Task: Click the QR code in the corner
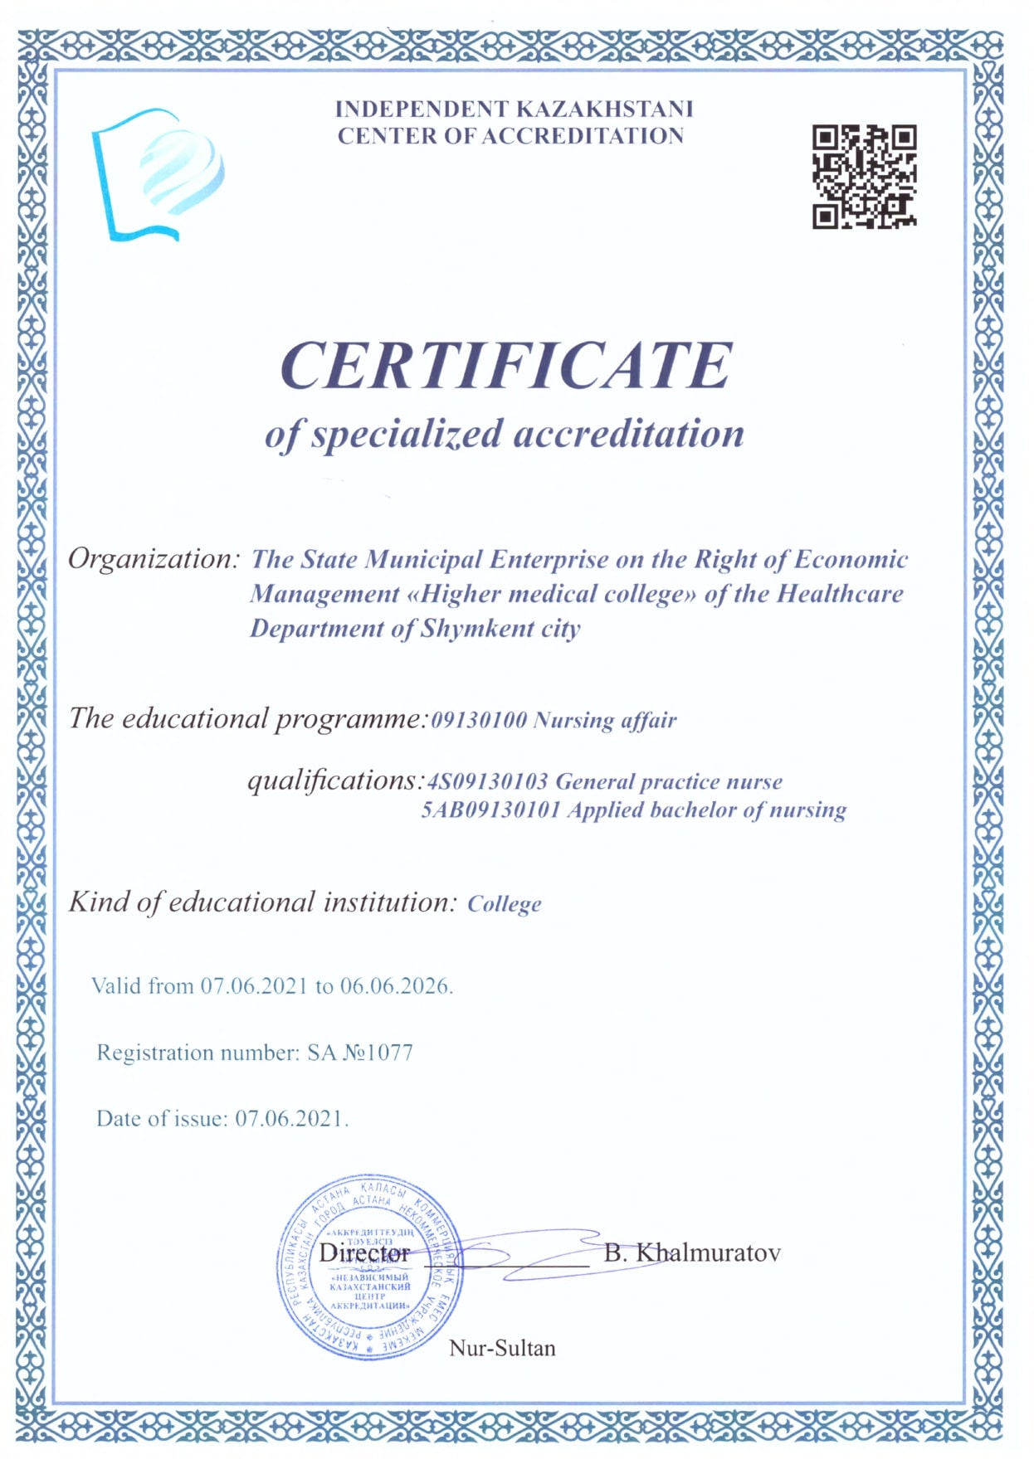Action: (864, 176)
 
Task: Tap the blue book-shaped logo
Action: (157, 175)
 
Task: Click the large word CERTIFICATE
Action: (506, 365)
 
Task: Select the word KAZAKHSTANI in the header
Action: (604, 109)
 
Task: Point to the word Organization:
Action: (154, 559)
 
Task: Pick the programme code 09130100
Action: (479, 720)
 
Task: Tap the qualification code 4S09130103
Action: (487, 781)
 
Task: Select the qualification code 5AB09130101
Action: (490, 810)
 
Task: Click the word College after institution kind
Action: (504, 904)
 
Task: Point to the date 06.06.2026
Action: (395, 986)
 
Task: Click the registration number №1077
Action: (378, 1053)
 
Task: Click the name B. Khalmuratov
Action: (692, 1252)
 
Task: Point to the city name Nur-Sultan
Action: (502, 1348)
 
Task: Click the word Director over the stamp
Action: (364, 1252)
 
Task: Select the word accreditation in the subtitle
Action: (628, 434)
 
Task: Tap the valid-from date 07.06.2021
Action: (254, 986)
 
